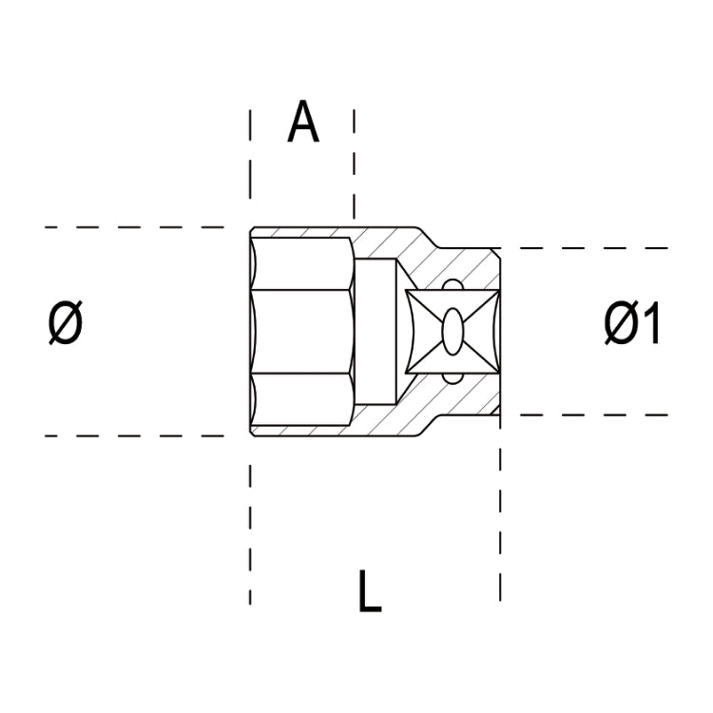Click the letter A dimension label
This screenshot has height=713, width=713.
pyautogui.click(x=303, y=124)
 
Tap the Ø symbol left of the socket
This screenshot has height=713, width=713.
pyautogui.click(x=66, y=325)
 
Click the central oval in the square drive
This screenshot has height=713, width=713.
pyautogui.click(x=453, y=332)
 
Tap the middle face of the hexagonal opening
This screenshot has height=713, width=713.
pyautogui.click(x=302, y=332)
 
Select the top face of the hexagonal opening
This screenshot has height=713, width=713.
pyautogui.click(x=302, y=262)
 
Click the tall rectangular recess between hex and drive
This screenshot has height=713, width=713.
pyautogui.click(x=378, y=332)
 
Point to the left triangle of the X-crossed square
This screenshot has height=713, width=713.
pyautogui.click(x=418, y=332)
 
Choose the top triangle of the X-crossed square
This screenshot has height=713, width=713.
pyautogui.click(x=453, y=300)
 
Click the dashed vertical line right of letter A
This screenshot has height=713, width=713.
pyautogui.click(x=354, y=162)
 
